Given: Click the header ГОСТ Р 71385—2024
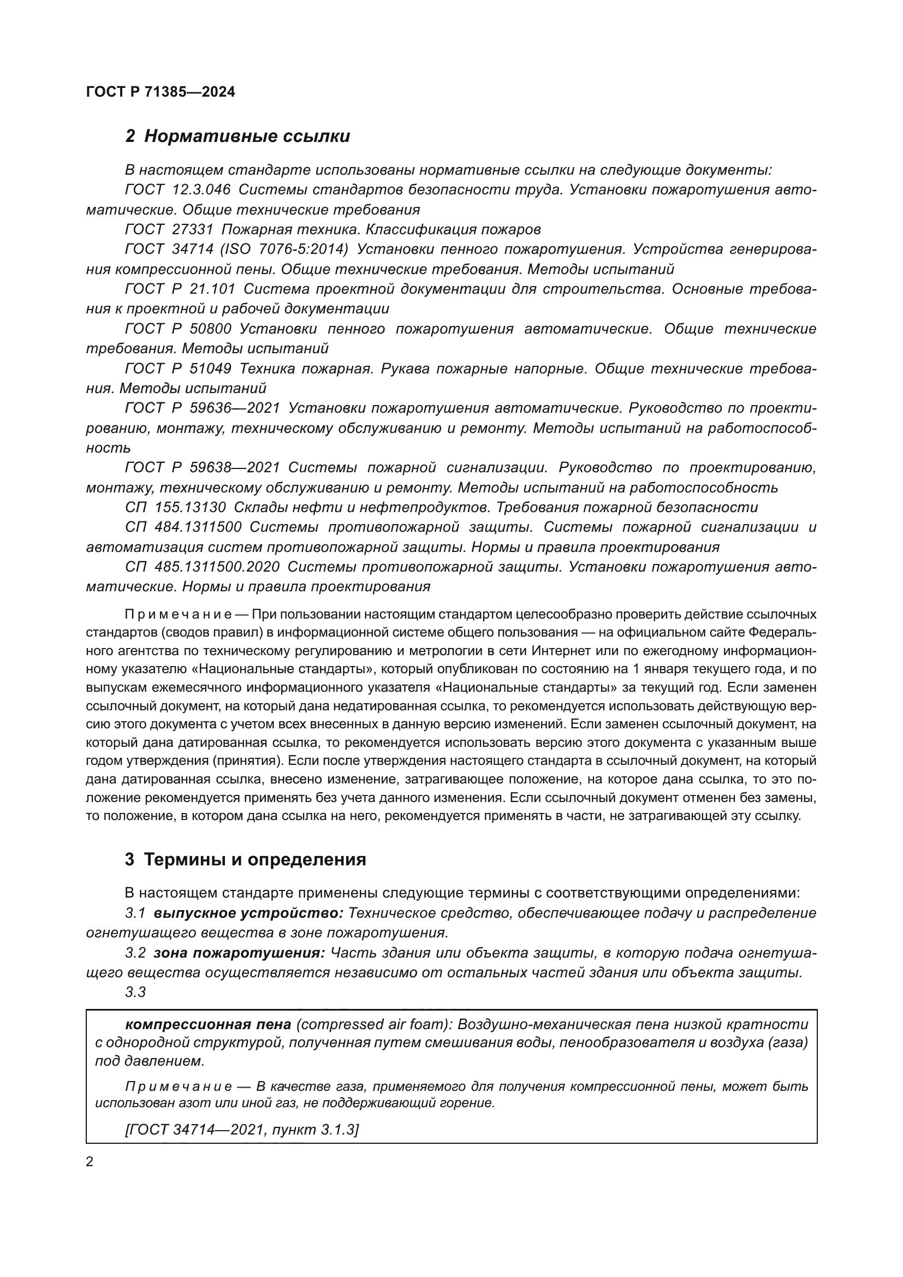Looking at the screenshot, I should pos(161,92).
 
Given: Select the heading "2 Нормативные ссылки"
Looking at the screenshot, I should pos(237,136).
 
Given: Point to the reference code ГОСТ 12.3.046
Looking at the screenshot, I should pos(177,189).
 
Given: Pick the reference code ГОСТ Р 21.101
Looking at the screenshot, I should pos(180,289).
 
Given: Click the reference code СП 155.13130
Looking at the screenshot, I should pos(175,507).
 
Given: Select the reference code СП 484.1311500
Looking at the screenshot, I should pos(183,527).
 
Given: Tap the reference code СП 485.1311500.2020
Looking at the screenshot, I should pos(203,567).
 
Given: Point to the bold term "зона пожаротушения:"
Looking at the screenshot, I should pos(239,953).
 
